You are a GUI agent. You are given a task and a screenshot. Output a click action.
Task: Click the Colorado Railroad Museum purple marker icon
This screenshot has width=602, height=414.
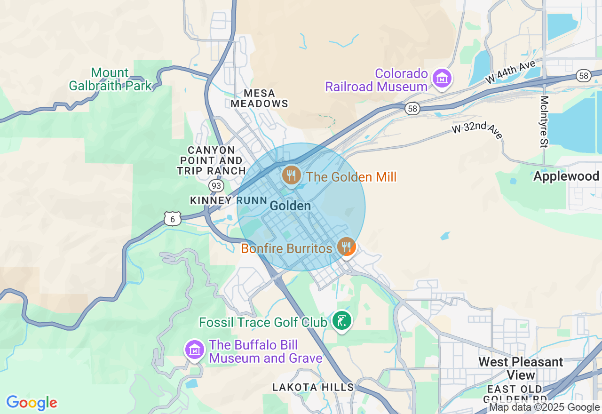pos(443,79)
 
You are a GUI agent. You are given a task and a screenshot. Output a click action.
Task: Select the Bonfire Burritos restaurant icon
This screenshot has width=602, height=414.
pos(347,247)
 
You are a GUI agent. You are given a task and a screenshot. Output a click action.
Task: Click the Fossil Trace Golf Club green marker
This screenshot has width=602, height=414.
pos(342,321)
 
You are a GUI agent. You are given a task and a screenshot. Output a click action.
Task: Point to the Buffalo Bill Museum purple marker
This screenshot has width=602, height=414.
pos(194,350)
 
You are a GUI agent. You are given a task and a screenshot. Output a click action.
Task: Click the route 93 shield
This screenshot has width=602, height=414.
pos(216,186)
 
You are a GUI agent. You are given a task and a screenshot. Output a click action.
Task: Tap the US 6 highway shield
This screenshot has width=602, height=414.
pos(173,219)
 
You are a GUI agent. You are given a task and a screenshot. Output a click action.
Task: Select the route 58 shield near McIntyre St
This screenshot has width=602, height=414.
pos(584,76)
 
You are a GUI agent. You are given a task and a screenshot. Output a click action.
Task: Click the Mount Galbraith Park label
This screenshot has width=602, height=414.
pos(111,79)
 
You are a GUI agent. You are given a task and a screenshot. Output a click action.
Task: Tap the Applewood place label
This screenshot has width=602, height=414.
pos(566,176)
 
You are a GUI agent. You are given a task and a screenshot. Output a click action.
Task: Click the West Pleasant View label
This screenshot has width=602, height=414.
pos(521,368)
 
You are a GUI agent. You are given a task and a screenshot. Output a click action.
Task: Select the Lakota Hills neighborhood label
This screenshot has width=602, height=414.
pos(313,387)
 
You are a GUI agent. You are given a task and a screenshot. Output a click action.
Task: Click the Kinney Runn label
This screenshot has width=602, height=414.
pos(229,200)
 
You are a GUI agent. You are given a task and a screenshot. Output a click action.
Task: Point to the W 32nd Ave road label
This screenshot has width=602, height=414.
pos(477,131)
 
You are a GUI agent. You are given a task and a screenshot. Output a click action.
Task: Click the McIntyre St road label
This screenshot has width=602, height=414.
pos(545,122)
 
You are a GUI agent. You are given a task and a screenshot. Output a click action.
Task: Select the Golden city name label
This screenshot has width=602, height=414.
pos(290,206)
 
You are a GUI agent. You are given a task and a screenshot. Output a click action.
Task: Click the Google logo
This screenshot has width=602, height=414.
pos(32,403)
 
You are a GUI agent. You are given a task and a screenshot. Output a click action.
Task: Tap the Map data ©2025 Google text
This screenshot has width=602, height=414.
pos(544,407)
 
